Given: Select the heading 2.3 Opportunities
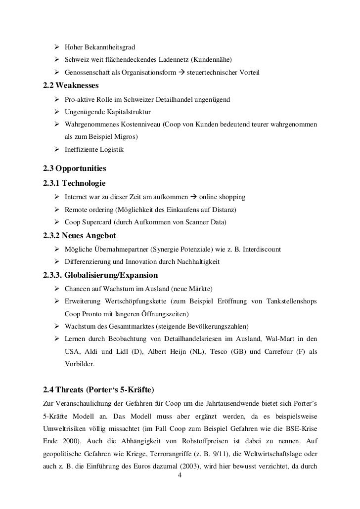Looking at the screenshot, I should [x=75, y=169].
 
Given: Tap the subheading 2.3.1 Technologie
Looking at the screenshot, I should [x=74, y=184].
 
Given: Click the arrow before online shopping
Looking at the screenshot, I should [x=192, y=198].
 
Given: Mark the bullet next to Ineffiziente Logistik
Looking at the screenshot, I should [x=57, y=149].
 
